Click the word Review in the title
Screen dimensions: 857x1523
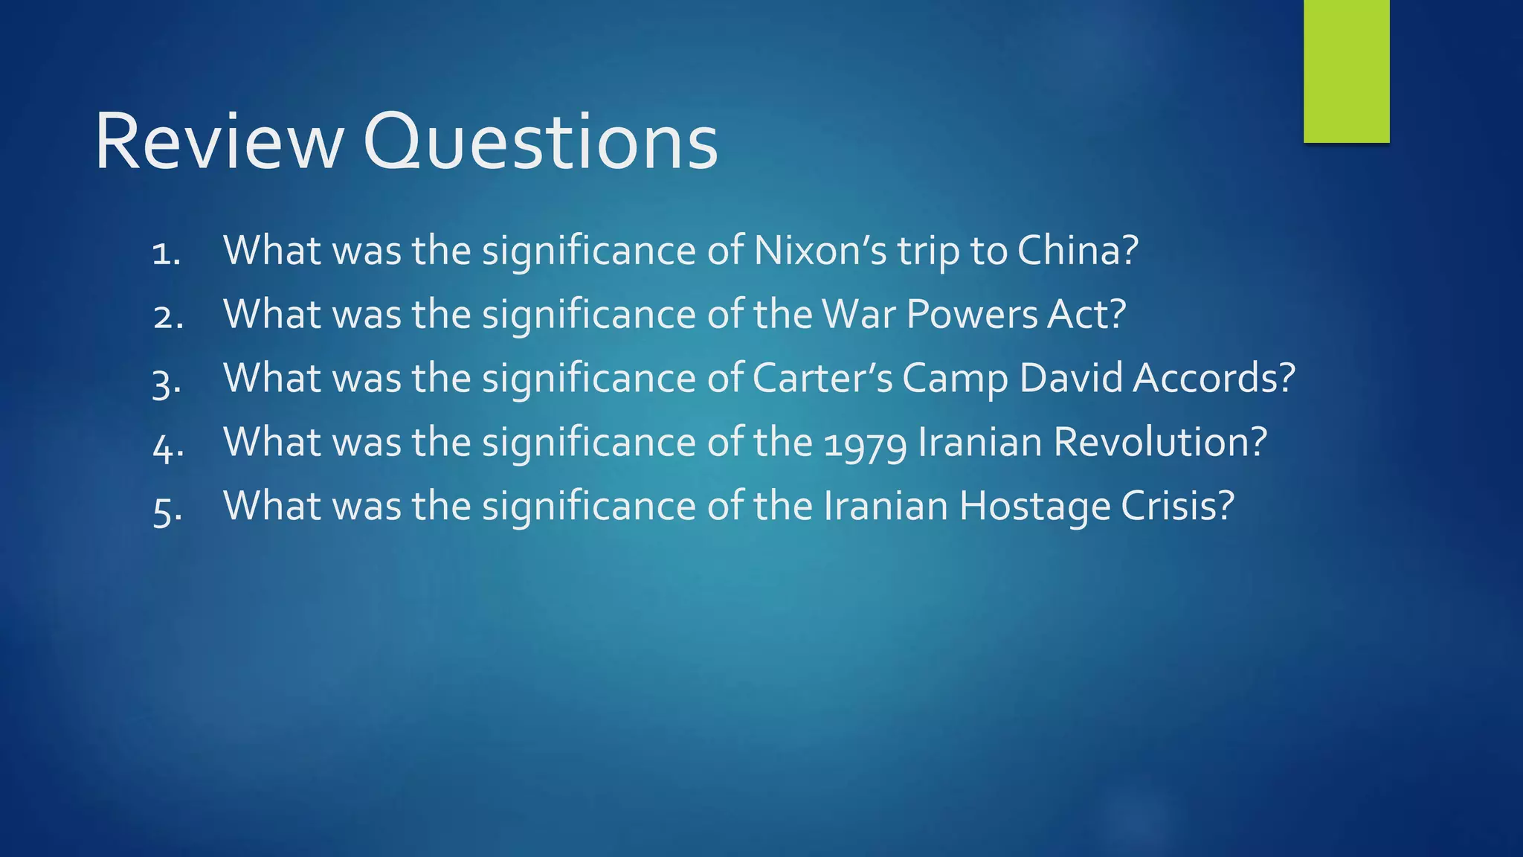(x=219, y=142)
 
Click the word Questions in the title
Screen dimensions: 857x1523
(x=541, y=142)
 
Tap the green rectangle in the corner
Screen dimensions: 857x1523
(x=1346, y=71)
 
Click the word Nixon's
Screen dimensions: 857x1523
(x=820, y=251)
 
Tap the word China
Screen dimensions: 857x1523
(x=1078, y=251)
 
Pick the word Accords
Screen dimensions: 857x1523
(x=1214, y=379)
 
